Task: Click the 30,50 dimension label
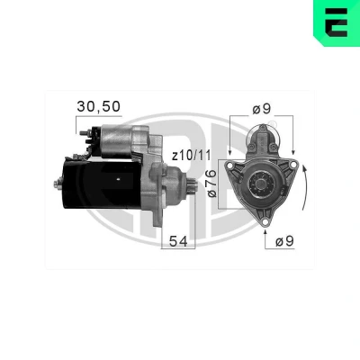tap(98, 106)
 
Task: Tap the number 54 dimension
tap(178, 241)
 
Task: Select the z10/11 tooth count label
tap(191, 156)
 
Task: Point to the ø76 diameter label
tap(211, 184)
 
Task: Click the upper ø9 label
tap(262, 109)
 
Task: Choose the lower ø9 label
tap(284, 241)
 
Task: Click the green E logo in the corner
tap(337, 22)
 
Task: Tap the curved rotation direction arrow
tap(305, 187)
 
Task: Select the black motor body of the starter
tap(102, 184)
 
